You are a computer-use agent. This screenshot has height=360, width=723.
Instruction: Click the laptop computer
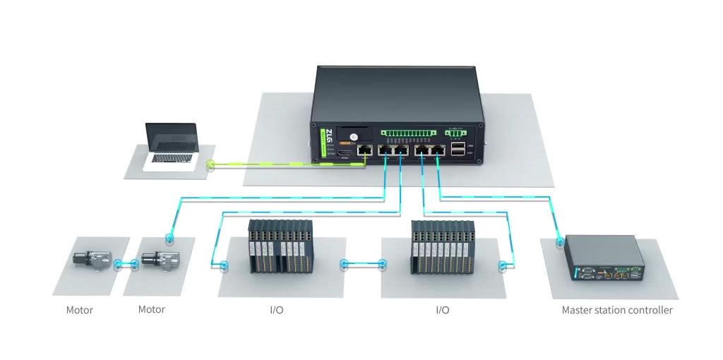pyautogui.click(x=172, y=146)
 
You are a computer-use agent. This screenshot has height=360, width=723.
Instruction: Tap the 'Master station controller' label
pyautogui.click(x=616, y=310)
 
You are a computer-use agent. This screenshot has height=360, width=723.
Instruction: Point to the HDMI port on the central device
pyautogui.click(x=345, y=153)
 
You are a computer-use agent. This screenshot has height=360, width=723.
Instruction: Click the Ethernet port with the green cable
pyautogui.click(x=365, y=150)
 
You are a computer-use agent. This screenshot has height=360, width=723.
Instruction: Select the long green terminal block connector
pyautogui.click(x=408, y=132)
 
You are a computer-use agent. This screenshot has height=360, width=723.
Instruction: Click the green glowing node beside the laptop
pyautogui.click(x=210, y=166)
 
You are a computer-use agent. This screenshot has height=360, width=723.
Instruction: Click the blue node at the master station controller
pyautogui.click(x=559, y=241)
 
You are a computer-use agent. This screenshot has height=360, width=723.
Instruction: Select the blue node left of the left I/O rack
pyautogui.click(x=225, y=266)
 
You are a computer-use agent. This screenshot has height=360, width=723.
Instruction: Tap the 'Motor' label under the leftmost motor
pyautogui.click(x=80, y=310)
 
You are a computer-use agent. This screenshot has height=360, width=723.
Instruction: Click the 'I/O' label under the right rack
pyautogui.click(x=442, y=310)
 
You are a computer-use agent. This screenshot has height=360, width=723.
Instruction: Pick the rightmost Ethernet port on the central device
pyautogui.click(x=438, y=150)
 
